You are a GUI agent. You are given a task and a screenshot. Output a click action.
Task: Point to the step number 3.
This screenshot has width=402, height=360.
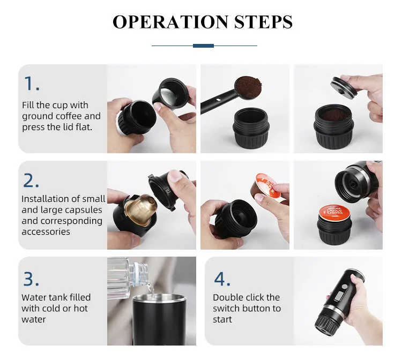32,279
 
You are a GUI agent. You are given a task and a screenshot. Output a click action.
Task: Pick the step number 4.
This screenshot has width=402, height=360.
222,279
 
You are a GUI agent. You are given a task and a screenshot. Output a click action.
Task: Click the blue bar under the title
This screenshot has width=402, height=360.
203,46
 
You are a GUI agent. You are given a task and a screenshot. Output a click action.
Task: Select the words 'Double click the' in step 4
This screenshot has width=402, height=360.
246,297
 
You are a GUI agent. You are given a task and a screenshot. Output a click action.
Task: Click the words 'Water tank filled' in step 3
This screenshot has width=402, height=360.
56,297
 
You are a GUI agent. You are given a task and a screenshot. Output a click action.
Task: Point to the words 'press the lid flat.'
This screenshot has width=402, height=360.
57,127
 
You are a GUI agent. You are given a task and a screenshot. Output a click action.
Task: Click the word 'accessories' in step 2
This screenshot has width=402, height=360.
46,231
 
